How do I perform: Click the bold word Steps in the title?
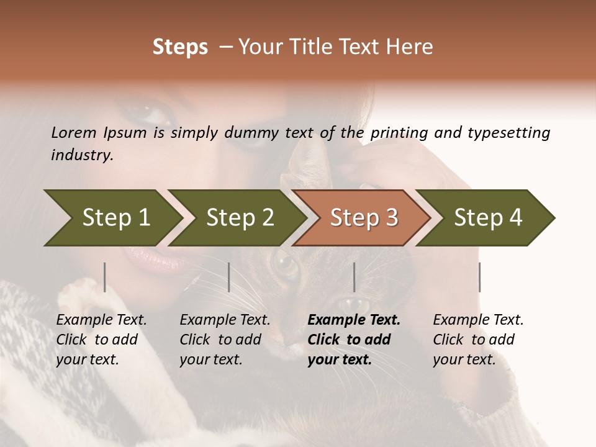[x=180, y=47]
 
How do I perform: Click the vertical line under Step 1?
[x=105, y=277]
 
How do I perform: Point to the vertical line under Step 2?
[x=229, y=277]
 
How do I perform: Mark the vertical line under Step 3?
[x=354, y=277]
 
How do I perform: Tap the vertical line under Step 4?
[x=479, y=277]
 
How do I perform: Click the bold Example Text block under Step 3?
[x=353, y=340]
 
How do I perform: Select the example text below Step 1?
[x=101, y=340]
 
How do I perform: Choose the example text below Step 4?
[x=477, y=340]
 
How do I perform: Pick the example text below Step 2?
[x=224, y=340]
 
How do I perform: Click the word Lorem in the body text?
[x=74, y=133]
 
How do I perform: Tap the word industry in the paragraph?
[x=81, y=155]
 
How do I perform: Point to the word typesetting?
[x=508, y=133]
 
